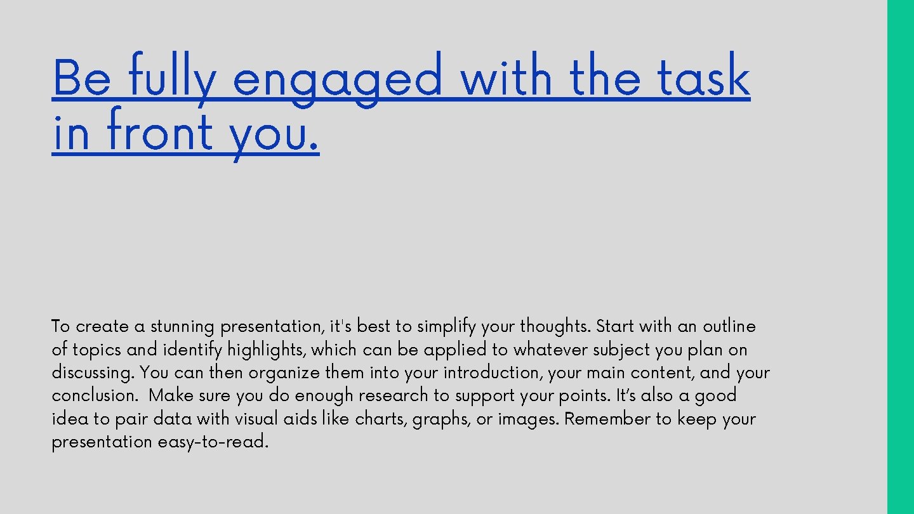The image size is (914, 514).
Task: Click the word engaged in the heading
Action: (337, 79)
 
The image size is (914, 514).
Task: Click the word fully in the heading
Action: (171, 79)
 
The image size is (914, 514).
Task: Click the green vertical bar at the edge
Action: (900, 257)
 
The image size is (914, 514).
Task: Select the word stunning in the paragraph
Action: (182, 327)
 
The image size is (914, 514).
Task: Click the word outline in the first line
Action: (729, 327)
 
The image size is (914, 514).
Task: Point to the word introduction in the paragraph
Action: (492, 372)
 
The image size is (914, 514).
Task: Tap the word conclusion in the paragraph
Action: (93, 396)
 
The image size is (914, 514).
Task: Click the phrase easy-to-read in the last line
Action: (213, 442)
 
